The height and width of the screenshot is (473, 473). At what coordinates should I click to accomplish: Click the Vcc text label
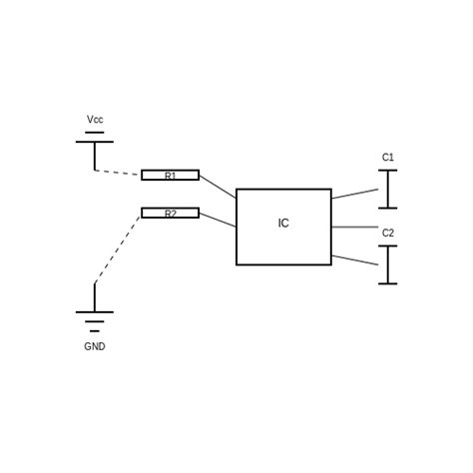(95, 120)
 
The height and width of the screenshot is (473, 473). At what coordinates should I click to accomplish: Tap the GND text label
(95, 347)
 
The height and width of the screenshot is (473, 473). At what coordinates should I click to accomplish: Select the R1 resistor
(170, 175)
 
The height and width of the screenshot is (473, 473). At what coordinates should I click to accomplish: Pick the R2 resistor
(170, 213)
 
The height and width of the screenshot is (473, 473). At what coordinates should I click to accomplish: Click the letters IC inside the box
(283, 224)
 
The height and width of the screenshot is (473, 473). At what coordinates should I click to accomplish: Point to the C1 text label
(388, 158)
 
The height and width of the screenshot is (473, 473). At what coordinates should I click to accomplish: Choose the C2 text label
(388, 234)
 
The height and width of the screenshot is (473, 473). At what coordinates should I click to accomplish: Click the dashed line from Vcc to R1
(118, 173)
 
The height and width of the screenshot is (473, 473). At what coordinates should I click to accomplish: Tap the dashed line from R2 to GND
(118, 248)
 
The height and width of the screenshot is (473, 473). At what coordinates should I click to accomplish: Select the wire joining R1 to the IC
(218, 187)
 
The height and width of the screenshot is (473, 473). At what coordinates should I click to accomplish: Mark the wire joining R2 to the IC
(218, 220)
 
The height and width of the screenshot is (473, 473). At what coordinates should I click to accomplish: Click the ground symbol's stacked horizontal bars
(95, 320)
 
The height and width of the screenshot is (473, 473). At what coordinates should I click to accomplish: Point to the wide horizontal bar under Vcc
(95, 142)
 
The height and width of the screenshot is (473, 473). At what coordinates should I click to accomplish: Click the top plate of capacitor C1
(388, 171)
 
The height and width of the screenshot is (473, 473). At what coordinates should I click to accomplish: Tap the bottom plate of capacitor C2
(388, 283)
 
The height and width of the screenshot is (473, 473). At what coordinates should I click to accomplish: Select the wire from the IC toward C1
(354, 194)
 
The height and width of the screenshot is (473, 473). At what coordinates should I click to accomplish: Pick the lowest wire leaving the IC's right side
(354, 259)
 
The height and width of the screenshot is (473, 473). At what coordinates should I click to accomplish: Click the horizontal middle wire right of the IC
(354, 228)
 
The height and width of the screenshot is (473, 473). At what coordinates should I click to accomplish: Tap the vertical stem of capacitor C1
(388, 190)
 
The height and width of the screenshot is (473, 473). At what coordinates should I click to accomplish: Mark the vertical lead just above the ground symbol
(95, 297)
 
